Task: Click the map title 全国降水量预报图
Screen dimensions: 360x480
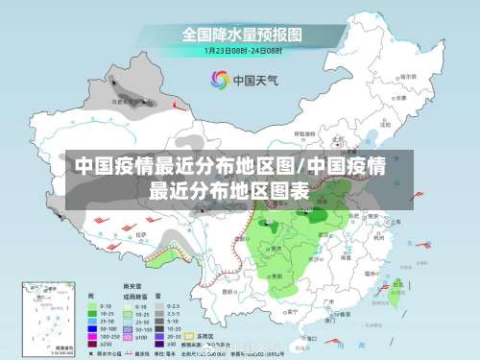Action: tap(243, 34)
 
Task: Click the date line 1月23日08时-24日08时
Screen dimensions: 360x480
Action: tap(243, 49)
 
